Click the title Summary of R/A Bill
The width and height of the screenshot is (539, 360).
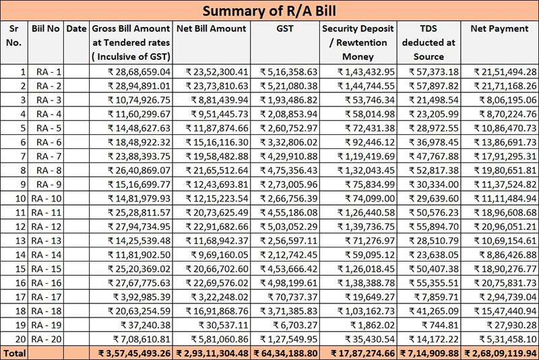pyautogui.click(x=269, y=11)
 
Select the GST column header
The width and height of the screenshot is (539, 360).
pyautogui.click(x=284, y=29)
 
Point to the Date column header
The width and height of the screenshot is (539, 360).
pyautogui.click(x=77, y=29)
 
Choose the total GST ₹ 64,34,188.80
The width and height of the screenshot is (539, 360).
pyautogui.click(x=284, y=353)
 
